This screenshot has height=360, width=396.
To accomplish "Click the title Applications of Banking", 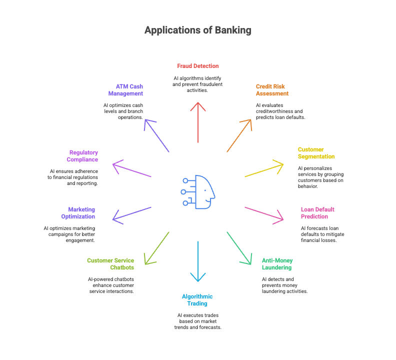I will point(198,30).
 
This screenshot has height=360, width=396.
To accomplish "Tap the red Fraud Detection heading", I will point(198,65).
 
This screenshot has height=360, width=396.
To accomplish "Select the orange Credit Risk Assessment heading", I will point(272,89).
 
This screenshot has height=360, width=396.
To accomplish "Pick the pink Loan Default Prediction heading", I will point(317,213).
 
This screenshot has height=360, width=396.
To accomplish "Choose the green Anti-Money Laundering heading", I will point(277,264).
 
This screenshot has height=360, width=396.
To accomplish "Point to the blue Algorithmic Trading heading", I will point(197,300).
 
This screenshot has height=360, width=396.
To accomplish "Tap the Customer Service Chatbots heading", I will point(110,264).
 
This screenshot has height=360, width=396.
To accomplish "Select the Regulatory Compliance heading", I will point(83,156).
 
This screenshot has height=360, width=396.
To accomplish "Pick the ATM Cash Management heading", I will point(125,90).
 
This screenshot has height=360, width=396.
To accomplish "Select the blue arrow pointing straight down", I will point(198,263).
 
